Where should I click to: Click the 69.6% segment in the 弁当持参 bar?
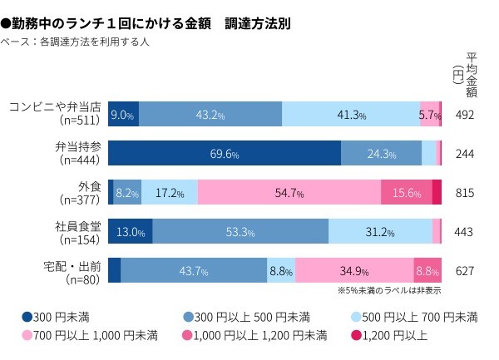[x=225, y=154]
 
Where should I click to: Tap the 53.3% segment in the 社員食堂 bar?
[x=240, y=231]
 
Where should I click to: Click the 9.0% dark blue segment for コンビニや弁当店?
[x=123, y=115]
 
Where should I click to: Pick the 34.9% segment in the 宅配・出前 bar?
[x=354, y=270]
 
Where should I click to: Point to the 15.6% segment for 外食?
[x=406, y=192]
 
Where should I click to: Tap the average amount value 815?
[x=465, y=192]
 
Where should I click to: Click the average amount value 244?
[x=465, y=154]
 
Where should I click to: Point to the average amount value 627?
[x=465, y=270]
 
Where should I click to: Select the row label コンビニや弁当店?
[x=55, y=107]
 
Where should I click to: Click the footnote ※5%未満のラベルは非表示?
[x=389, y=290]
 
